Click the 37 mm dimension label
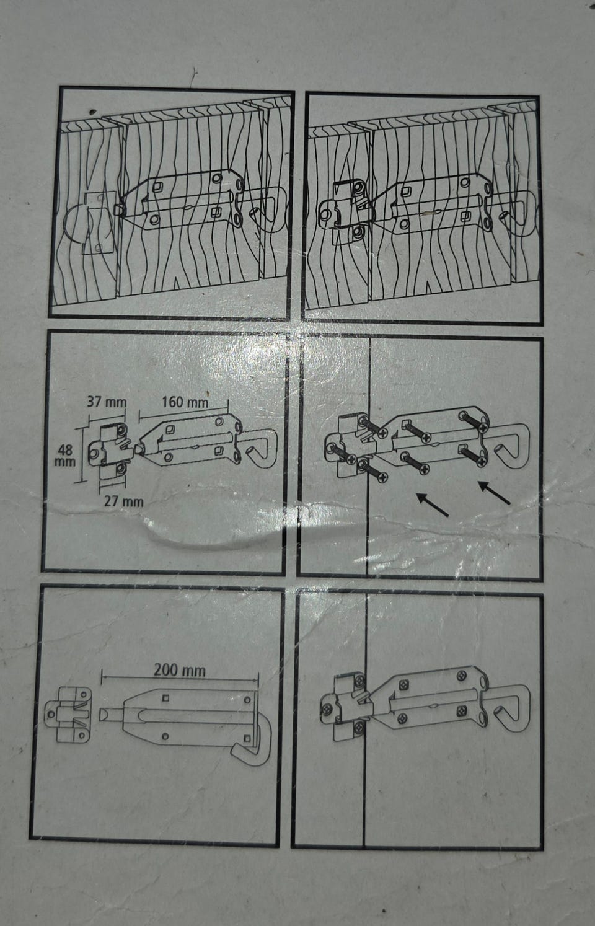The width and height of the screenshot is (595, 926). coord(107,402)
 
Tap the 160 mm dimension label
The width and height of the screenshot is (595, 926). coord(185,402)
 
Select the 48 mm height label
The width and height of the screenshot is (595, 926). coord(65,455)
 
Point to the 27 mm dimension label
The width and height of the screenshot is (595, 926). coord(123,502)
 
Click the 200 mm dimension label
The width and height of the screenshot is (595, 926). coord(180,670)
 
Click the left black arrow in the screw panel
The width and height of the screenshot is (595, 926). coord(432,505)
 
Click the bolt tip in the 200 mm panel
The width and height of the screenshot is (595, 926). coord(106,715)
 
